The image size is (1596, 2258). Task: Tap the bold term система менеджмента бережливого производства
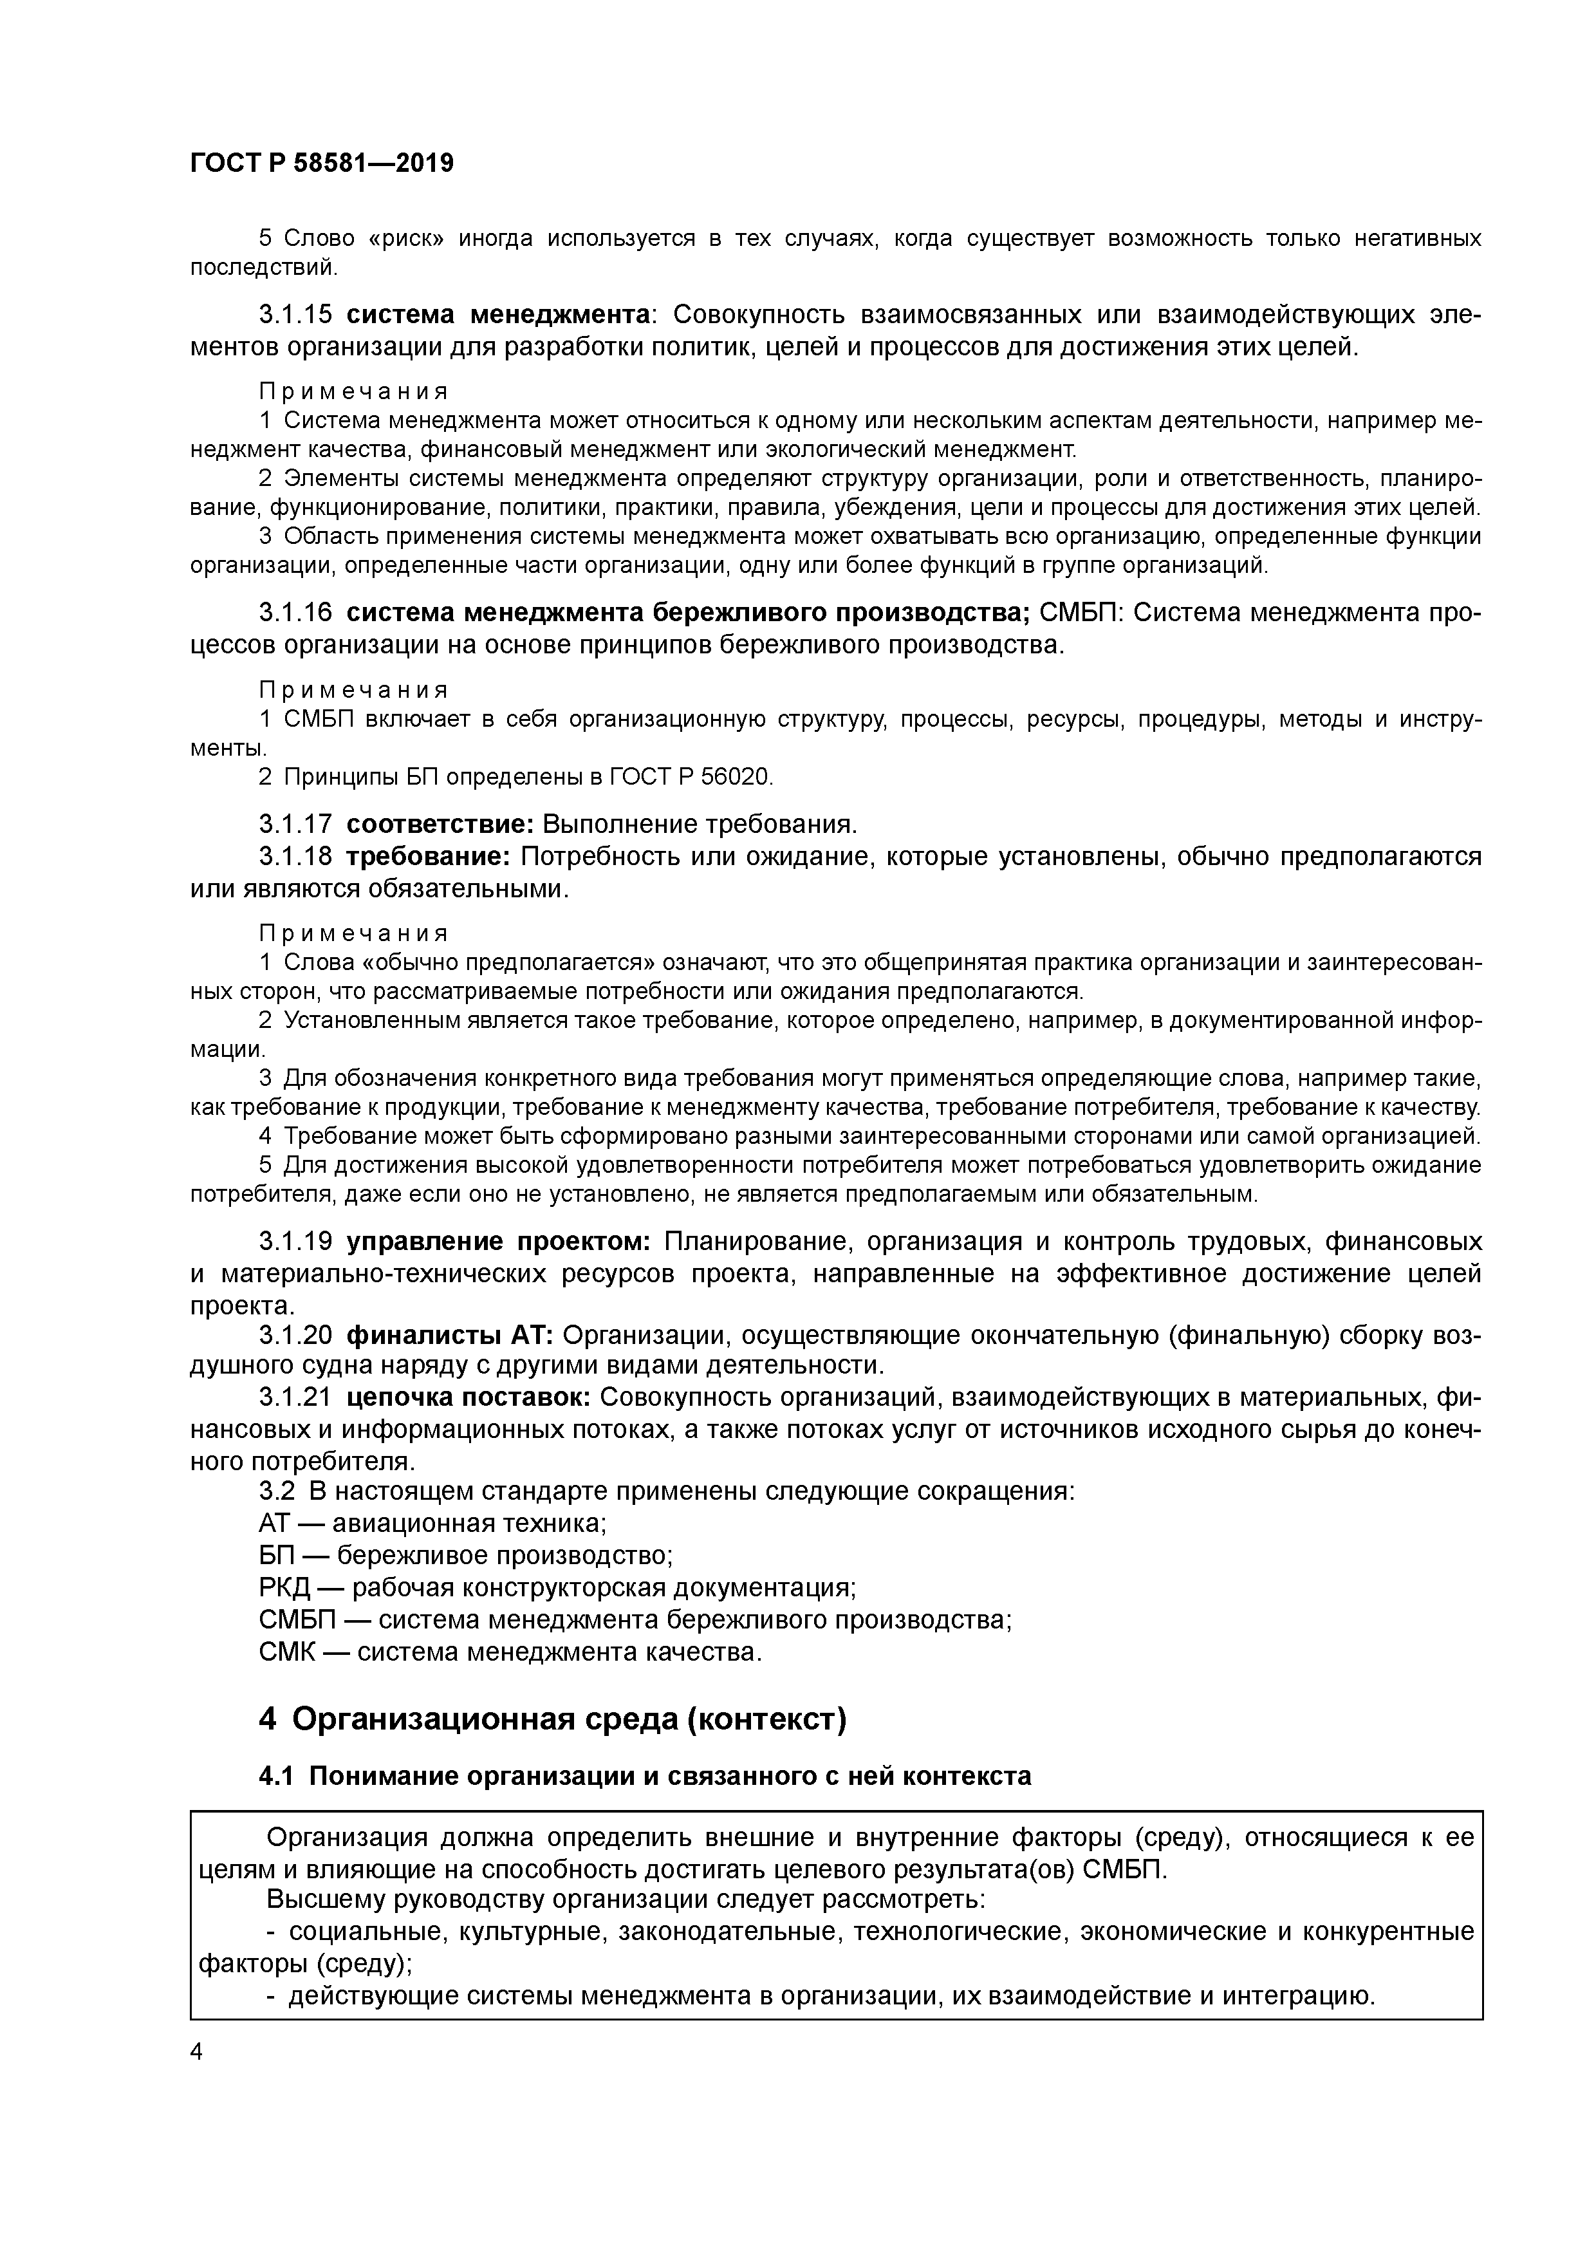click(687, 613)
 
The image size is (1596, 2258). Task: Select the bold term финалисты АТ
click(450, 1334)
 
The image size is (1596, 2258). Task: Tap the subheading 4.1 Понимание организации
click(645, 1776)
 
